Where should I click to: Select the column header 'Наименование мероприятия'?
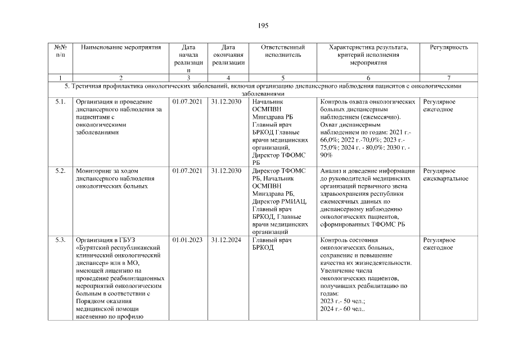[x=121, y=47]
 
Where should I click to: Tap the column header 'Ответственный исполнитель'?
[x=283, y=51]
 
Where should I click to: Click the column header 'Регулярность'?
[x=448, y=47]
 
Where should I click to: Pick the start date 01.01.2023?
[x=187, y=240]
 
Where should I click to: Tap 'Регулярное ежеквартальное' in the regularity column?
[x=445, y=174]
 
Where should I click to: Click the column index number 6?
[x=368, y=77]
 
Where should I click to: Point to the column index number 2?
[x=121, y=77]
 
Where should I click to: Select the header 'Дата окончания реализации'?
[x=228, y=55]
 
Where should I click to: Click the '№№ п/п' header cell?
[x=60, y=51]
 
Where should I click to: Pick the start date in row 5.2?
[x=187, y=170]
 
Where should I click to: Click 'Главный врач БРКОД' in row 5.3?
[x=271, y=244]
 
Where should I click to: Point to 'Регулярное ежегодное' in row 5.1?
[x=439, y=106]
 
